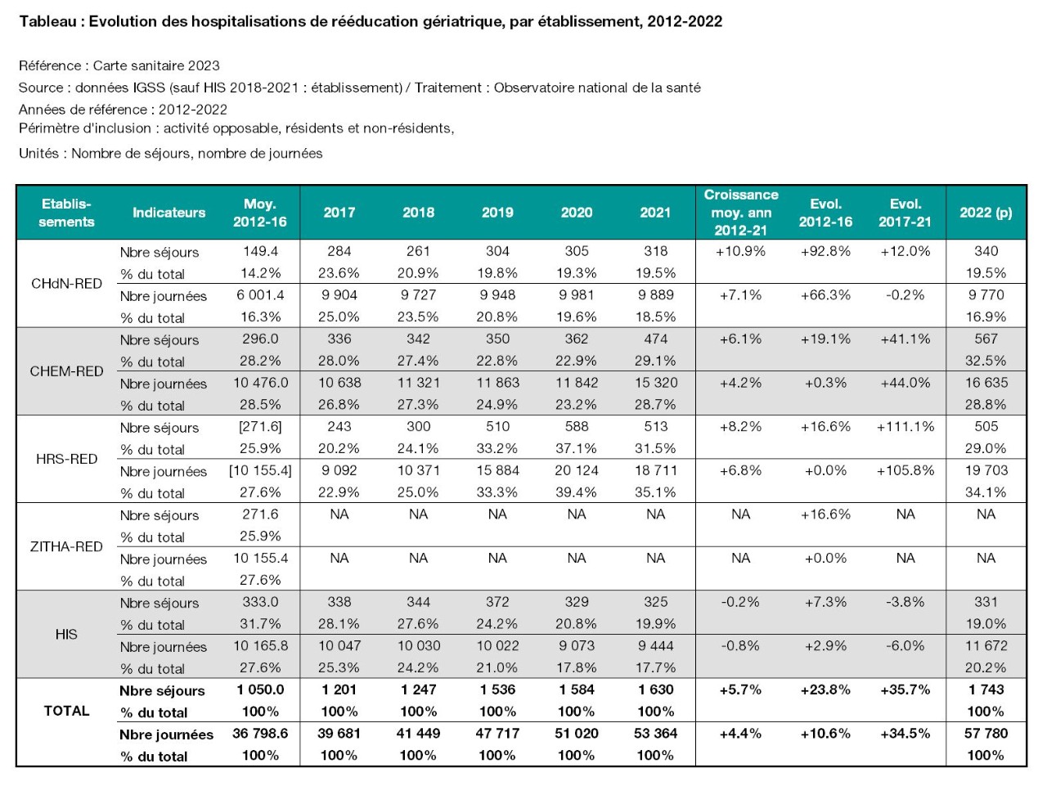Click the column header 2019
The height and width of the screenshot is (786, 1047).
pos(497,212)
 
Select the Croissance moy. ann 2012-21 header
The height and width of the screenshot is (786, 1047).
pos(741,212)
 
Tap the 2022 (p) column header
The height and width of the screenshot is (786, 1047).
pos(986,212)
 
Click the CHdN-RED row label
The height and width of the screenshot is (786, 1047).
pos(66,284)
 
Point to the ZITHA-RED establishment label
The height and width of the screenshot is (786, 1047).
pos(66,546)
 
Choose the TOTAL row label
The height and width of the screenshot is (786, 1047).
pos(66,711)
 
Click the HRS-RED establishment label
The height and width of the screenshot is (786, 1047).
pos(66,459)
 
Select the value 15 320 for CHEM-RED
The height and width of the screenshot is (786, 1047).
pos(656,383)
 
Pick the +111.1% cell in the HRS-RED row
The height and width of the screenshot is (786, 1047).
pos(905,426)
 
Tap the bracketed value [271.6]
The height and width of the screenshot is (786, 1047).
pos(260,426)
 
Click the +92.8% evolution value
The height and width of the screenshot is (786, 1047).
pos(825,251)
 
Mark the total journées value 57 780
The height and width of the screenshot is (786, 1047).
pos(986,733)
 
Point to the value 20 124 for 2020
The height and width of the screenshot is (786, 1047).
pos(576,470)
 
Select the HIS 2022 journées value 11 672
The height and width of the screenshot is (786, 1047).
pos(986,646)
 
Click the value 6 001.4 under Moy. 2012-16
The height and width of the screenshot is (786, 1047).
pos(260,295)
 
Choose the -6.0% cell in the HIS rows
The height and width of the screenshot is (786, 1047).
pos(905,646)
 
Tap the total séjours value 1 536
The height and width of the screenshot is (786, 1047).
pos(497,689)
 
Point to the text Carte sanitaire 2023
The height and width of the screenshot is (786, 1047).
pos(156,65)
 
